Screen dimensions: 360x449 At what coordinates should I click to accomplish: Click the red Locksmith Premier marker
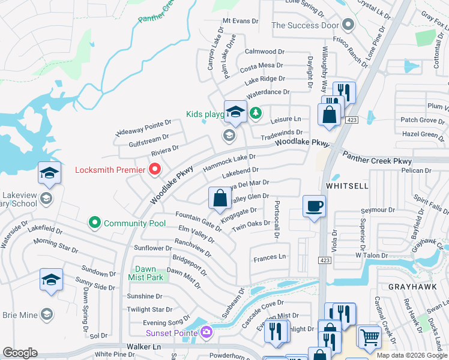pyautogui.click(x=155, y=169)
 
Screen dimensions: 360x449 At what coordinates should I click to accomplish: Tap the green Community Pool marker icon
pyautogui.click(x=94, y=223)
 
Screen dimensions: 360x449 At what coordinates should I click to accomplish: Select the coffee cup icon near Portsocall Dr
pyautogui.click(x=314, y=207)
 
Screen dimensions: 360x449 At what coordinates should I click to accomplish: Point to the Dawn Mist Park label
pyautogui.click(x=142, y=273)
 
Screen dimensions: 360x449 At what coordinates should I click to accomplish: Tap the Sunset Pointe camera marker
pyautogui.click(x=206, y=332)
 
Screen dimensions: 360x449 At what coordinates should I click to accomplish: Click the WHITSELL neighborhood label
pyautogui.click(x=347, y=187)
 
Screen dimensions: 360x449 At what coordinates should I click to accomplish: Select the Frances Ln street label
pyautogui.click(x=270, y=257)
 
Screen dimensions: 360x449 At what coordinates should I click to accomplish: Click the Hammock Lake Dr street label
pyautogui.click(x=225, y=162)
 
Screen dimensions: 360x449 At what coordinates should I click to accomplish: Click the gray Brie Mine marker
pyautogui.click(x=46, y=314)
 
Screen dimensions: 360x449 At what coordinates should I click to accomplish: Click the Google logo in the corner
pyautogui.click(x=20, y=353)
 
